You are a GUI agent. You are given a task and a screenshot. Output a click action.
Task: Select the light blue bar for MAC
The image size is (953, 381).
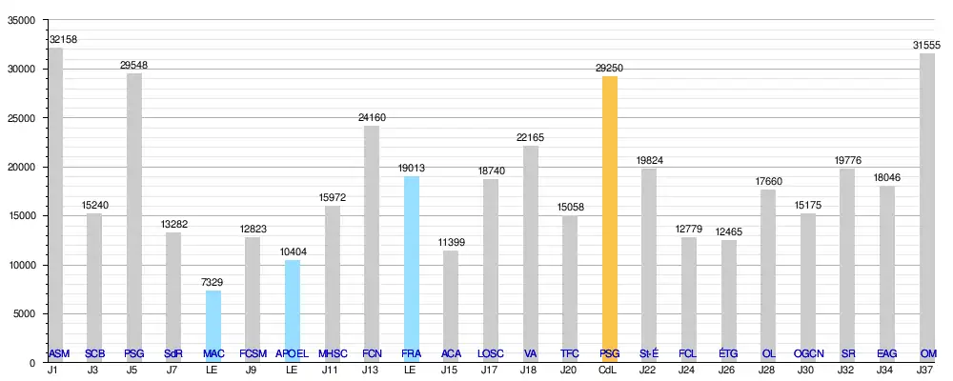pos(213,319)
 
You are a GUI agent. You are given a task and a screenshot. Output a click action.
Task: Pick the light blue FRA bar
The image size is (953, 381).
pos(411,257)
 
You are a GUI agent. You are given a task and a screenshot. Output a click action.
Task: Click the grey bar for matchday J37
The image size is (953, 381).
pos(927,200)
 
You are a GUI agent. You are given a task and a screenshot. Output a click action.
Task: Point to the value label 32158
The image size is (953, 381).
pos(65,40)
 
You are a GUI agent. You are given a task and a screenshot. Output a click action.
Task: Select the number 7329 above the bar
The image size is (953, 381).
pos(213,283)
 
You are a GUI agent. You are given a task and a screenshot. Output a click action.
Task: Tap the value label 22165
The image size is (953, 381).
pos(530,138)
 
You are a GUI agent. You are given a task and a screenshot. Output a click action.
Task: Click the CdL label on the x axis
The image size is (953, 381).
pos(609,370)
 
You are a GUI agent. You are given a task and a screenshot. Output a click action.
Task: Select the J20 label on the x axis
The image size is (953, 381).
pos(569,370)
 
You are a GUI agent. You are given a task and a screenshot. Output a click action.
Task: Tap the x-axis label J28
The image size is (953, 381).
pos(767,370)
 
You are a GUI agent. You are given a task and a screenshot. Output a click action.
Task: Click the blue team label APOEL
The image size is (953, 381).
pos(292,354)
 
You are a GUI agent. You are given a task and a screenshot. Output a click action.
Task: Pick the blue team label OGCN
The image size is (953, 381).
pos(807,354)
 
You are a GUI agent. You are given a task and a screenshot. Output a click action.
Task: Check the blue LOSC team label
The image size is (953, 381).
pos(490,354)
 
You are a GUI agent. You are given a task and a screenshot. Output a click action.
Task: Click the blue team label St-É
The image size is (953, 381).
pos(648,354)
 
